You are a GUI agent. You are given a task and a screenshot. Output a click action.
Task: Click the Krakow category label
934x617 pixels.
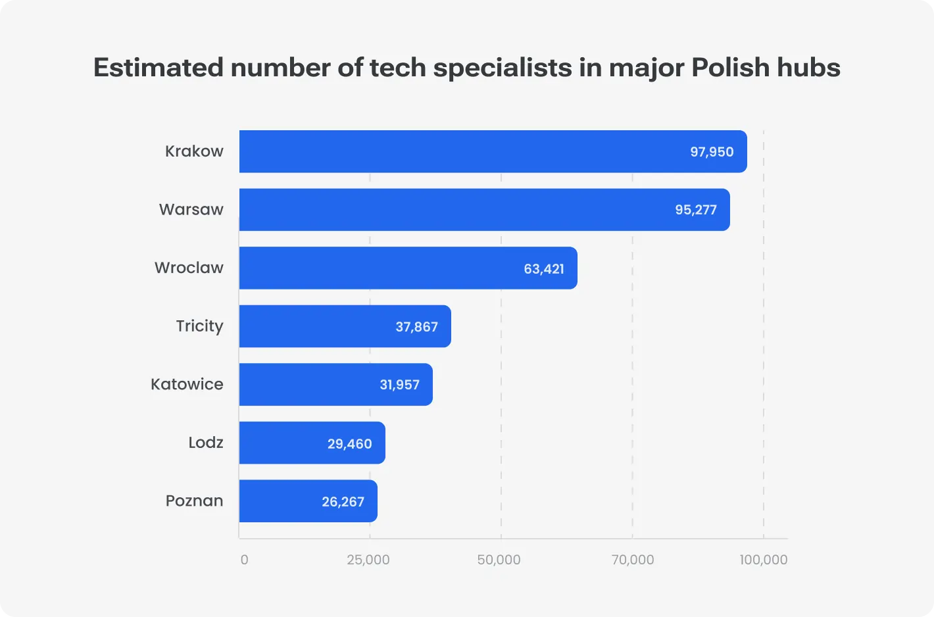[x=194, y=151]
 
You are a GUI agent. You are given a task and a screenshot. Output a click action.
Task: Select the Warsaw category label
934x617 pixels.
[x=191, y=210]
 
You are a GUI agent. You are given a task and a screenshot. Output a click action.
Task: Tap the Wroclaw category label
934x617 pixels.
[x=189, y=268]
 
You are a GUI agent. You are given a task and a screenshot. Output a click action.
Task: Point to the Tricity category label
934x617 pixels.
[x=199, y=326]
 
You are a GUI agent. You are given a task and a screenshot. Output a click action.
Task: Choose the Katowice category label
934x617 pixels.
[x=187, y=384]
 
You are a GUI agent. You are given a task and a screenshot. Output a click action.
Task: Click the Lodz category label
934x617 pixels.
[x=205, y=443]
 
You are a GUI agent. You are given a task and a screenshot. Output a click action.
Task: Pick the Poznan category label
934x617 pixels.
[x=194, y=501]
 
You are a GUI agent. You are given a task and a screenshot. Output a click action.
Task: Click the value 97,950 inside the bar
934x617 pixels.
[x=711, y=152]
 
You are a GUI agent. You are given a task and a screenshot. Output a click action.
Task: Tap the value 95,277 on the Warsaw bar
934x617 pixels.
[x=695, y=210]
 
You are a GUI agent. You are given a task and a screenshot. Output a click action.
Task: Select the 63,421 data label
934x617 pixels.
[x=543, y=268]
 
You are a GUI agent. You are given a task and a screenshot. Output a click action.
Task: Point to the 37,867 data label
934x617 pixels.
[x=416, y=327]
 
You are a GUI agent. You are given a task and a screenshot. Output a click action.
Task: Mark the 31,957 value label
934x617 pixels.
[x=399, y=385]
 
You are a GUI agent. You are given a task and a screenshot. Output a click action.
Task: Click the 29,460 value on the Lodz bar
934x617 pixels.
[x=349, y=444]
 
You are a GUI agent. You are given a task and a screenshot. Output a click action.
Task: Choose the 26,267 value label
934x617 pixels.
[x=343, y=502]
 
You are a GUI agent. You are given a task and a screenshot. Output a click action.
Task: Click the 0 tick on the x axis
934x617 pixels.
[x=244, y=560]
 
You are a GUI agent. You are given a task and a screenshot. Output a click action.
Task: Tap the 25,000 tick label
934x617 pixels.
[x=368, y=560]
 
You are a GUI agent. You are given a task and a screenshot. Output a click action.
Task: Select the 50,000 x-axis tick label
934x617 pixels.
[x=499, y=560]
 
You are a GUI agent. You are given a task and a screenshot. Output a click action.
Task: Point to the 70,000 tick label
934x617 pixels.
[x=632, y=560]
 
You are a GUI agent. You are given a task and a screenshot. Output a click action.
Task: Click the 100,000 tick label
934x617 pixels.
[x=763, y=560]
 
